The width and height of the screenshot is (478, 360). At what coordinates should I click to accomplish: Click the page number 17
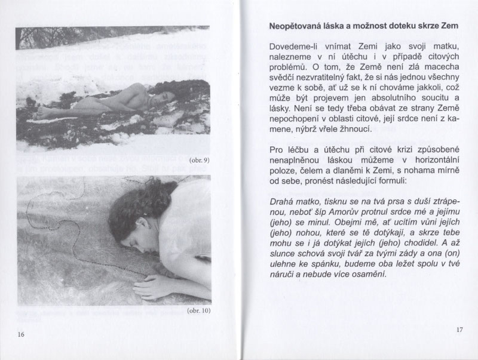coord(459,328)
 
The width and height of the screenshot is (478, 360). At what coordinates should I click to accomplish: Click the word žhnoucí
coord(356,129)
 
